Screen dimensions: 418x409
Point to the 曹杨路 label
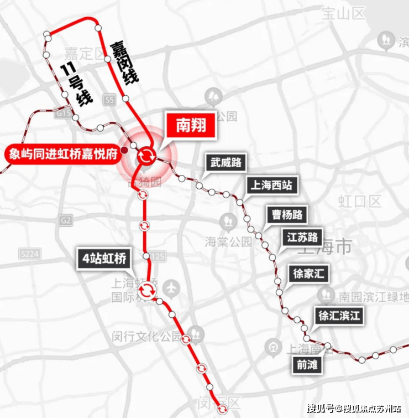[x=287, y=214]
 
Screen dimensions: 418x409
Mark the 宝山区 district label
[x=339, y=10]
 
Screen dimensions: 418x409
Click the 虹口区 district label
[x=360, y=201]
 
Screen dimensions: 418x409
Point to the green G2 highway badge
[x=66, y=220]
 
